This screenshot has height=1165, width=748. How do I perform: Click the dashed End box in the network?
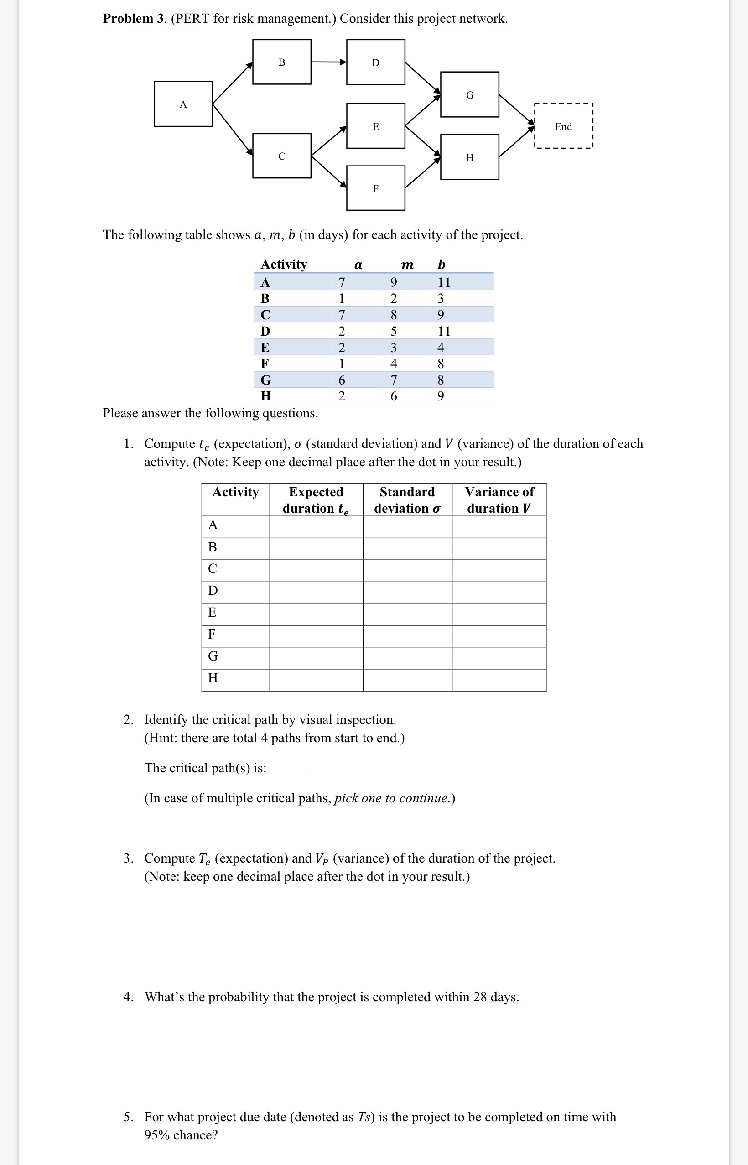(x=563, y=126)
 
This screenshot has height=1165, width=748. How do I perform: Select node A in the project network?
(x=183, y=104)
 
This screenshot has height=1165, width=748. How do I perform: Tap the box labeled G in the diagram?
(x=469, y=95)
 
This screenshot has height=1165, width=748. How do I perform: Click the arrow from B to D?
(x=328, y=62)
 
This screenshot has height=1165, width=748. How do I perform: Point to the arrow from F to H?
(x=422, y=172)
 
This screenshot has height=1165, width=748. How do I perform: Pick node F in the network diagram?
(x=375, y=188)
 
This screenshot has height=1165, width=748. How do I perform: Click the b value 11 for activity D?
(x=443, y=331)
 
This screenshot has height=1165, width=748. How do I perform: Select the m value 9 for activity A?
(x=394, y=282)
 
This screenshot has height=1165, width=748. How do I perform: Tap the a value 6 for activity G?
(x=342, y=380)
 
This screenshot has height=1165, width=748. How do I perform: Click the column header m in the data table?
(x=407, y=265)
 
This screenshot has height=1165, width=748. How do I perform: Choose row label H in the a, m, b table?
(x=266, y=396)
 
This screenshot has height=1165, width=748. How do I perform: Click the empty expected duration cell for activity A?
(x=316, y=526)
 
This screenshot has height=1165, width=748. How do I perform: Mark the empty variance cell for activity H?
(x=499, y=679)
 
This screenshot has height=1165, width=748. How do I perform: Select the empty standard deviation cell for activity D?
(x=407, y=593)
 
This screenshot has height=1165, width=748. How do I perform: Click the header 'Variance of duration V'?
(x=499, y=499)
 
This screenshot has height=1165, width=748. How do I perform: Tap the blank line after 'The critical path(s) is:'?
(x=291, y=770)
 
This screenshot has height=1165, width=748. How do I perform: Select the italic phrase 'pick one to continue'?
(x=391, y=798)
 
